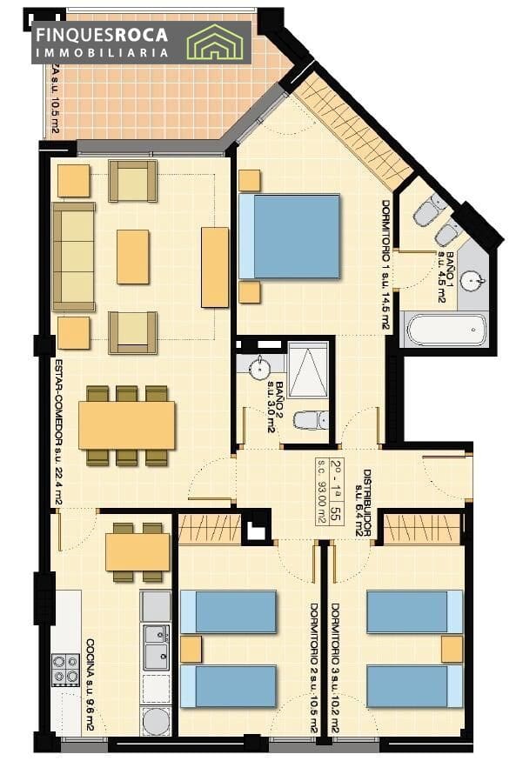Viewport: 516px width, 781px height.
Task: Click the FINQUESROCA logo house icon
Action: tap(216, 41)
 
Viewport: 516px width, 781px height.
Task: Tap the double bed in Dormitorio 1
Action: tap(289, 237)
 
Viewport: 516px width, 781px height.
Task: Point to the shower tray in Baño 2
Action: tap(307, 370)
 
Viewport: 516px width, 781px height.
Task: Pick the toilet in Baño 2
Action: tap(309, 421)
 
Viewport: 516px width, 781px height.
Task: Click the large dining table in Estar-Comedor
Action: tap(126, 424)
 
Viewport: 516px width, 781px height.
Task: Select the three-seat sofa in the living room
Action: tap(74, 257)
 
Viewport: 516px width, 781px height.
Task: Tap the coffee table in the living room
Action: tap(132, 257)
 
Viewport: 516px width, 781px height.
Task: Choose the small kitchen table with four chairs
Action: tap(137, 551)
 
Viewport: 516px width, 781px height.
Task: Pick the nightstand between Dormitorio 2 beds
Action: tap(191, 649)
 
